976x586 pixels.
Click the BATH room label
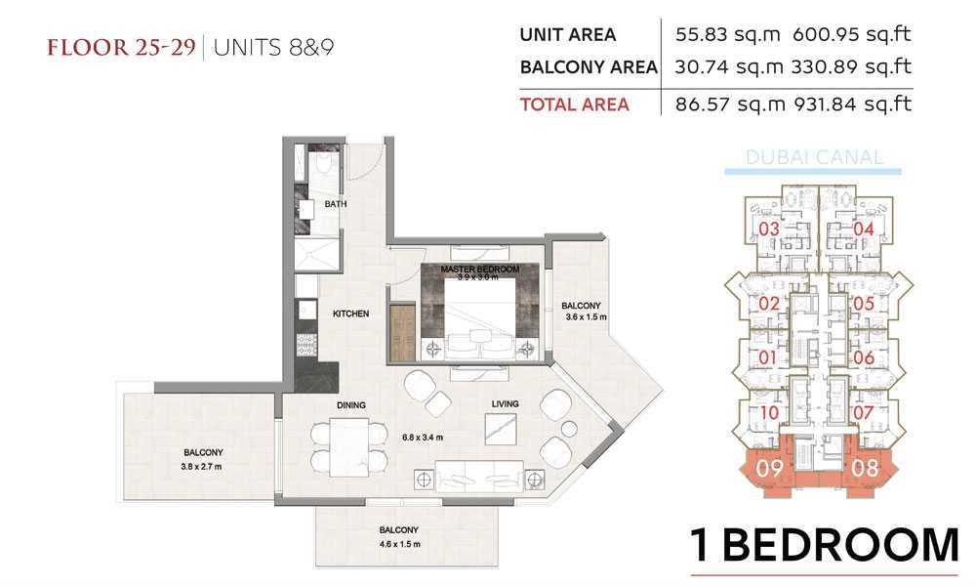click(x=336, y=204)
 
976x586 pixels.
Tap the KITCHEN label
click(x=351, y=314)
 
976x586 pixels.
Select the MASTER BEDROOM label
click(x=480, y=269)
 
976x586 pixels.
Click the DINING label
click(x=351, y=405)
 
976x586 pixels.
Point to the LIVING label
click(x=505, y=404)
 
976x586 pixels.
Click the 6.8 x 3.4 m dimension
click(x=423, y=438)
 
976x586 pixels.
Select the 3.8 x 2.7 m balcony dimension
click(x=202, y=467)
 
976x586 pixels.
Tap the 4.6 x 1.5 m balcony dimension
click(x=399, y=544)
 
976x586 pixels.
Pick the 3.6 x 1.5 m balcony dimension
click(x=586, y=317)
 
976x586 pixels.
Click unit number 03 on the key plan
click(x=769, y=230)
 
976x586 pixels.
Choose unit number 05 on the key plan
click(x=864, y=304)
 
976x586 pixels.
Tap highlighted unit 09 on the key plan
click(x=769, y=468)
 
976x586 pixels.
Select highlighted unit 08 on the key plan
click(x=865, y=467)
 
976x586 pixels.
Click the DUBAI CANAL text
click(x=814, y=157)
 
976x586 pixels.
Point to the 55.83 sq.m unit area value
click(x=728, y=34)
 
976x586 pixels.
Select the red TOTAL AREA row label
click(x=575, y=105)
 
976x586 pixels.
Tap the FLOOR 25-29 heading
click(x=121, y=47)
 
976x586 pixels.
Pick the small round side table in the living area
click(x=570, y=429)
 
